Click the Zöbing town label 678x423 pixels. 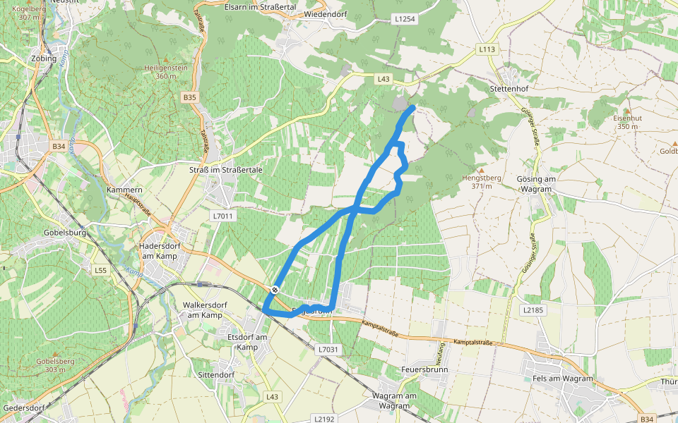pos(44,59)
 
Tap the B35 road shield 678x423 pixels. pos(189,97)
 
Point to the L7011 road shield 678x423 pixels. pos(222,216)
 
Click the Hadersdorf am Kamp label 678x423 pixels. pos(159,242)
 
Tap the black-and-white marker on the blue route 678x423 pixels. pos(275,290)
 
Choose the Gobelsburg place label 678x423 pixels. pos(65,232)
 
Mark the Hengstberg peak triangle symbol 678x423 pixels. pos(482,170)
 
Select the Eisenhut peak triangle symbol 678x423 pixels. pos(625,110)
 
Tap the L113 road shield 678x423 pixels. pos(487,49)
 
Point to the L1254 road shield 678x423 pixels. pos(405,19)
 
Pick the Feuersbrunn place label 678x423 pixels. pos(424,369)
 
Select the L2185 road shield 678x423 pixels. pos(533,309)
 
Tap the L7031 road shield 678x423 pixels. pos(328,349)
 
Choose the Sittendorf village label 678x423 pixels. pos(217,374)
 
